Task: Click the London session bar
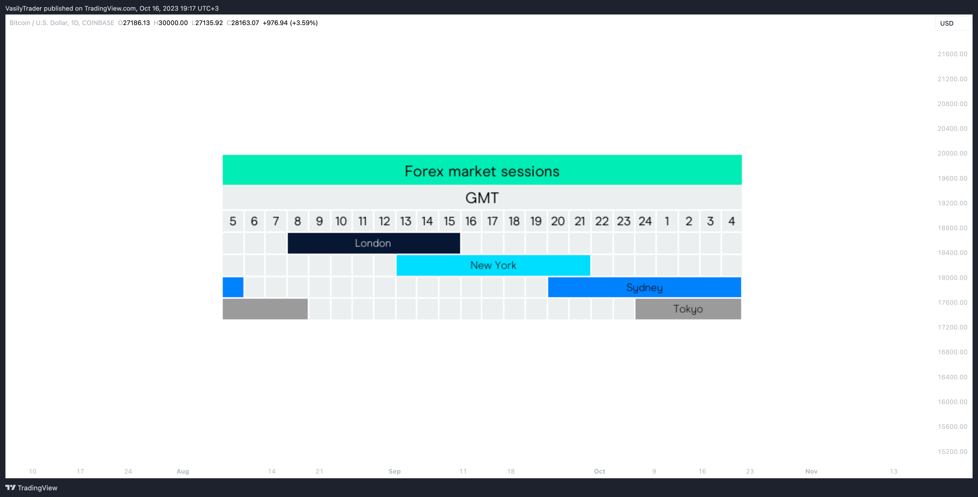coord(374,243)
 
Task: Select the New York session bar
coord(493,265)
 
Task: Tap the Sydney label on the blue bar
coord(644,288)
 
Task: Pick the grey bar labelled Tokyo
coord(688,309)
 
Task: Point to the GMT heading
coord(482,198)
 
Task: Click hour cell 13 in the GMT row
coord(406,221)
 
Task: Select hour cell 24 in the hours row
coord(645,221)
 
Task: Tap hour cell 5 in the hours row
coord(233,221)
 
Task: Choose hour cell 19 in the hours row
coord(536,221)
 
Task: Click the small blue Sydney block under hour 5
coord(233,287)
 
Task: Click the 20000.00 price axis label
coord(952,153)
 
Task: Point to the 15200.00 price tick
coord(952,451)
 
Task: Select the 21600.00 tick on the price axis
coord(952,54)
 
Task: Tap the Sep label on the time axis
coord(394,471)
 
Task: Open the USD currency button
coord(952,23)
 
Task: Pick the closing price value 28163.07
coord(245,23)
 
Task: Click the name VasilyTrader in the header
coord(23,8)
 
